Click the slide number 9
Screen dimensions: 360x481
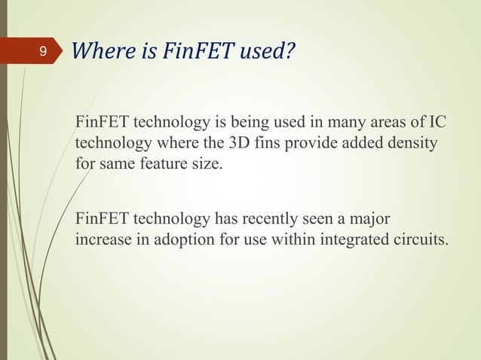click(43, 52)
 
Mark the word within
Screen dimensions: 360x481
click(286, 240)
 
